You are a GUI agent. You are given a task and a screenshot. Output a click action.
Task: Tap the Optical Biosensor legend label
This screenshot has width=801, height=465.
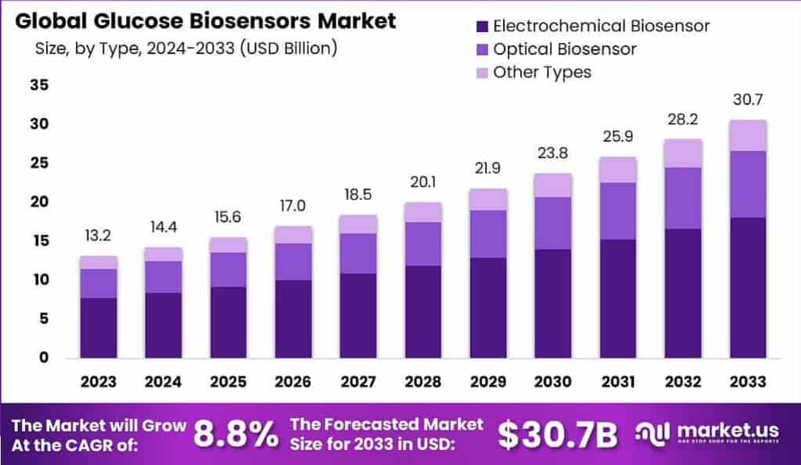click(565, 49)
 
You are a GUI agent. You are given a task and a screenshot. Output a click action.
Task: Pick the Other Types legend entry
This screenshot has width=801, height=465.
click(542, 73)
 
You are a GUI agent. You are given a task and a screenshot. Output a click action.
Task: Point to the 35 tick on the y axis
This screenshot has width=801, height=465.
click(38, 85)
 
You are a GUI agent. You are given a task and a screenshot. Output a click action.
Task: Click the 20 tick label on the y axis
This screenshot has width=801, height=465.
click(38, 202)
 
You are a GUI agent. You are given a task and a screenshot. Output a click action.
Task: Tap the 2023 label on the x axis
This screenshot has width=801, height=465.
click(98, 382)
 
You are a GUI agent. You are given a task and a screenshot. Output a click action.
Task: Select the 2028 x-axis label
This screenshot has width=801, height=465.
click(422, 382)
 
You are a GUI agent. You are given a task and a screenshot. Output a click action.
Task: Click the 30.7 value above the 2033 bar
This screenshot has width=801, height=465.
click(747, 101)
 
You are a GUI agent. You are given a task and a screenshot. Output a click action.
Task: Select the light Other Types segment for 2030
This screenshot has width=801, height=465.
click(552, 185)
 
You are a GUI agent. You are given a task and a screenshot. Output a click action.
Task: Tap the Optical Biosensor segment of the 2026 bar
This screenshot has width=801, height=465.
click(293, 262)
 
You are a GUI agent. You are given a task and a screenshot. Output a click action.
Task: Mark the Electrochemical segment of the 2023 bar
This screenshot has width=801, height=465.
click(98, 328)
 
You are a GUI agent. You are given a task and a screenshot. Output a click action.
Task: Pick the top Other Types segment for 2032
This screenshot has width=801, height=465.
click(682, 153)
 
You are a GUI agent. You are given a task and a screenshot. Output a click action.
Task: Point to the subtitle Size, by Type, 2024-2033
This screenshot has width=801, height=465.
click(186, 48)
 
